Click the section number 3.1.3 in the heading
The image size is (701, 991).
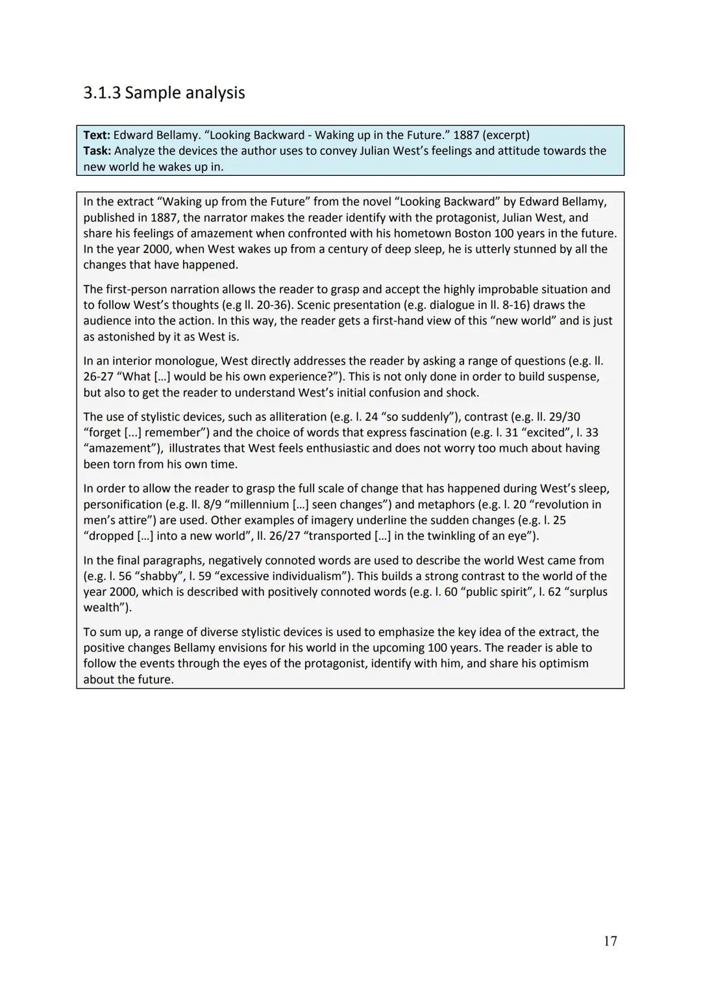(x=102, y=93)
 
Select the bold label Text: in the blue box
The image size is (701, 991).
(x=97, y=135)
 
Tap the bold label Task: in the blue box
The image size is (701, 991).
(x=97, y=151)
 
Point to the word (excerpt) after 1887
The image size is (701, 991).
(x=506, y=135)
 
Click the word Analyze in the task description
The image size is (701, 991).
(x=134, y=151)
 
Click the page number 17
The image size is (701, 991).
(x=610, y=941)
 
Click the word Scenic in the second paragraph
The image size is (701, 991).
(x=314, y=304)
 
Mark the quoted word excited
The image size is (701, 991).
(x=546, y=432)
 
